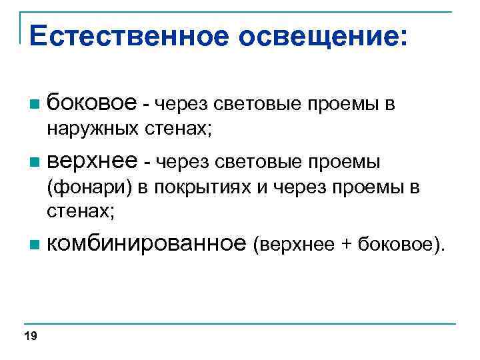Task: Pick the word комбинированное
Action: tap(147, 244)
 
